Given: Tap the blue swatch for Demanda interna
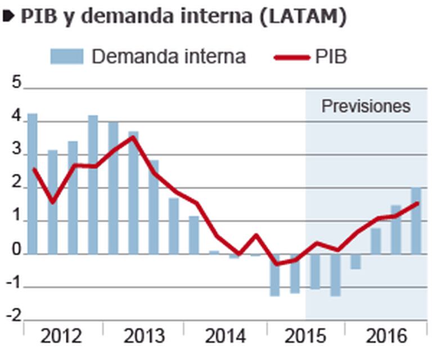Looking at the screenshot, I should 66,56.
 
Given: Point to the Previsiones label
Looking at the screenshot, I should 366,106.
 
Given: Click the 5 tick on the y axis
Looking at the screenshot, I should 16,84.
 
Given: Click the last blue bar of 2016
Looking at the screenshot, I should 416,220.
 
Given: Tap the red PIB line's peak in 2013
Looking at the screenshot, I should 133,137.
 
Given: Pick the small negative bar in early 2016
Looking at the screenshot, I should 355,262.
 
